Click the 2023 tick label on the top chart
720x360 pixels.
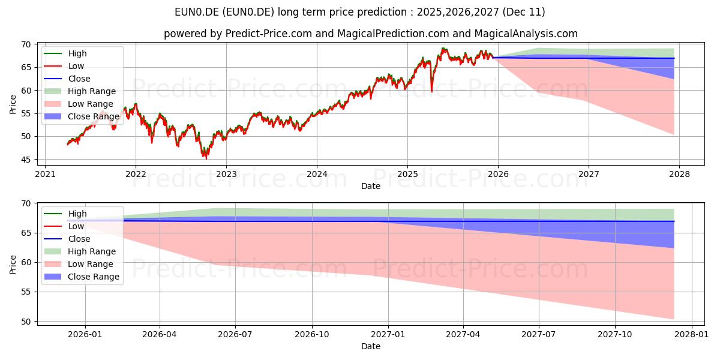pyautogui.click(x=226, y=174)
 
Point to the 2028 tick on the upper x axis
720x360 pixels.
pyautogui.click(x=679, y=174)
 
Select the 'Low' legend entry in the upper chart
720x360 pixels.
pyautogui.click(x=76, y=66)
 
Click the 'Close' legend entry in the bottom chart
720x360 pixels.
pyautogui.click(x=79, y=239)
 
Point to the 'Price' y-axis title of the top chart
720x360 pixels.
pyautogui.click(x=13, y=104)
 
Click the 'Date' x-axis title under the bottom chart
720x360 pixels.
pyautogui.click(x=370, y=346)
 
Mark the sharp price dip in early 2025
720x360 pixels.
pyautogui.click(x=431, y=91)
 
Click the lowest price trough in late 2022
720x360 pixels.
pyautogui.click(x=206, y=158)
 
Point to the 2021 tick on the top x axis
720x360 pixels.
pyautogui.click(x=45, y=174)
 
